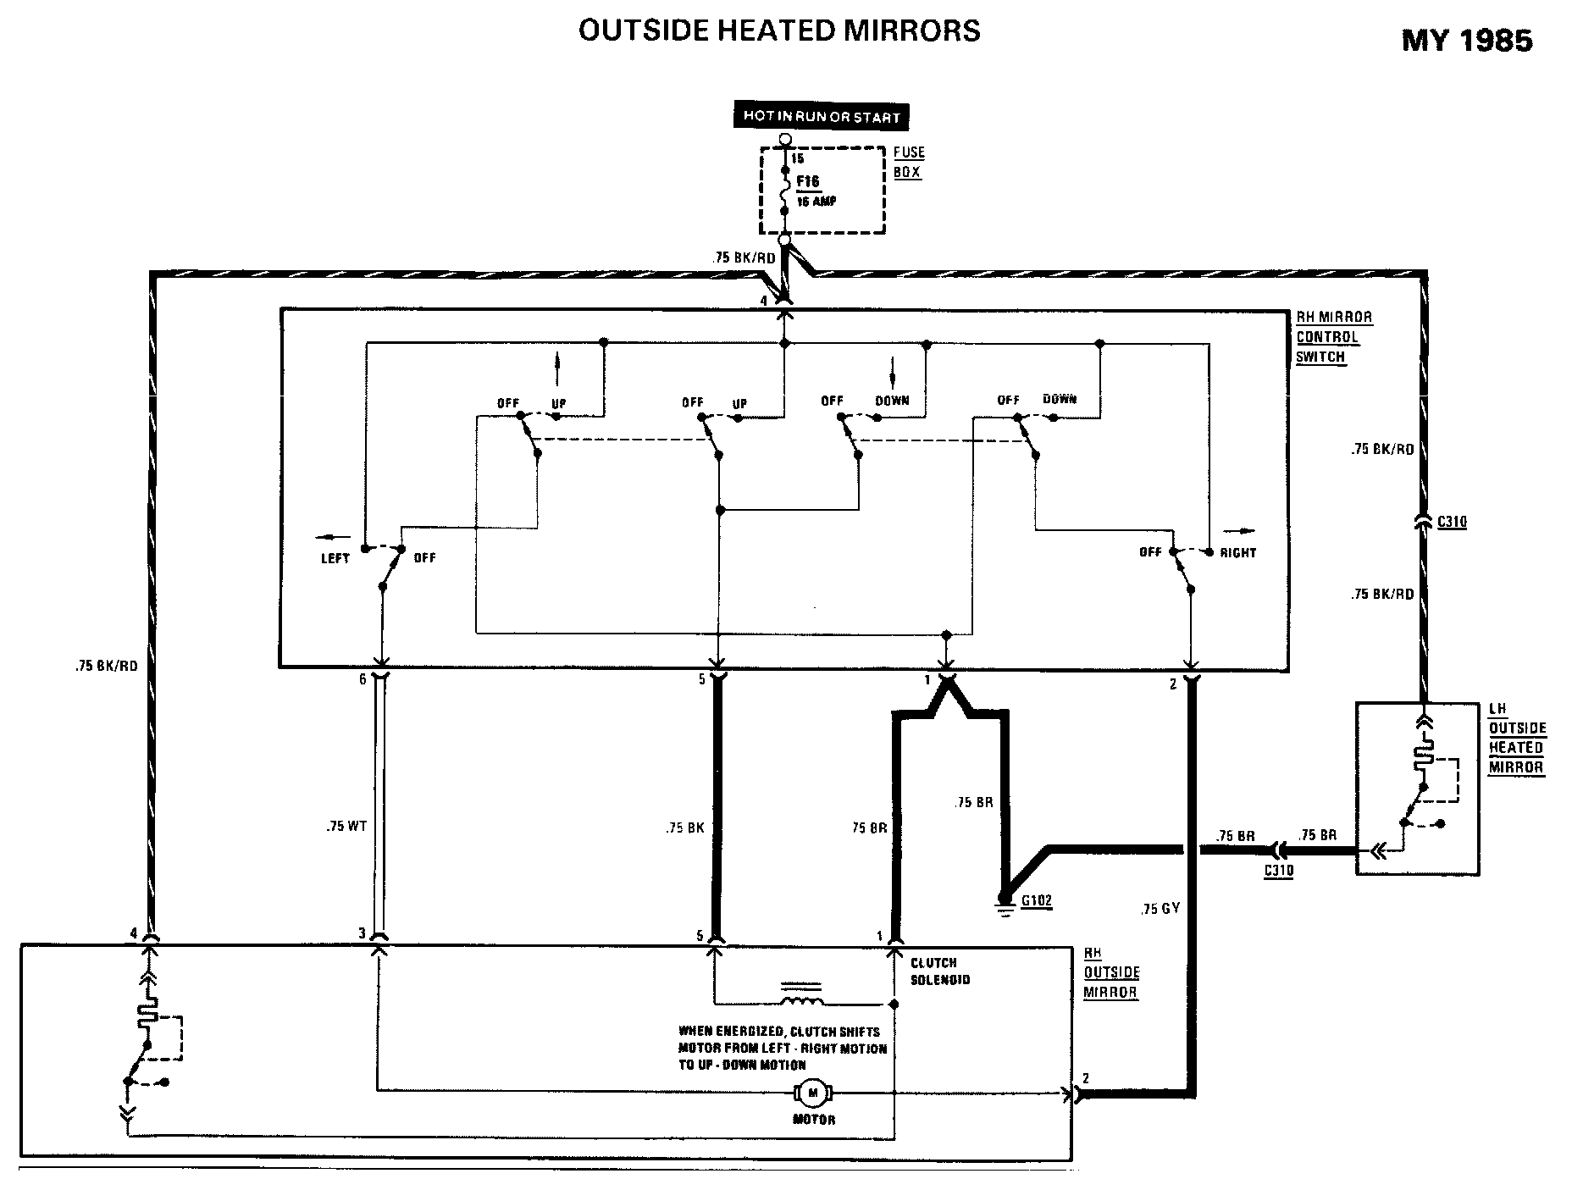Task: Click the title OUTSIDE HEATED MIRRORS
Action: pos(779,30)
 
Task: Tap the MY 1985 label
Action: pos(1467,41)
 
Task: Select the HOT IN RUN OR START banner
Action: pos(821,117)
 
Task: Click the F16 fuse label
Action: pos(808,182)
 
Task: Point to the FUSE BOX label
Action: pos(909,162)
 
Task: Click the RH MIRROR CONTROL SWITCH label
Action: pos(1333,336)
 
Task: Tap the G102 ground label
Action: pos(1036,901)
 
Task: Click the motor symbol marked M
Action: pos(813,1093)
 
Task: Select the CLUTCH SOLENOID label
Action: pos(940,971)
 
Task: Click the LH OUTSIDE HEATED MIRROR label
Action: pos(1517,739)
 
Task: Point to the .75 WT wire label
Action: pos(346,826)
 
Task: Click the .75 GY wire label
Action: pos(1159,909)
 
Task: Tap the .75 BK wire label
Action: pos(684,828)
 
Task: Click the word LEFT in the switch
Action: pos(335,558)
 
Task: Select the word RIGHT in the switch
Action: pos(1237,553)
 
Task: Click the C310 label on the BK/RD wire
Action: pos(1452,523)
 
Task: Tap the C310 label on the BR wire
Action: pos(1278,871)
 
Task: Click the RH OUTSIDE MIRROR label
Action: pos(1111,972)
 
